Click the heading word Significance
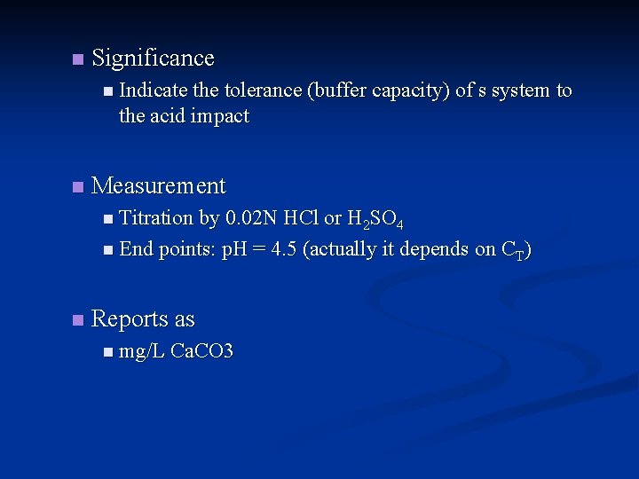point(153,59)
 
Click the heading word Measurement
point(159,186)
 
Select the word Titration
point(155,218)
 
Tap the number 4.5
point(284,249)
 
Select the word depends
point(435,249)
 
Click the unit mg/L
point(142,352)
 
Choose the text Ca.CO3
point(201,352)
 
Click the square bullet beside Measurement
point(77,187)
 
